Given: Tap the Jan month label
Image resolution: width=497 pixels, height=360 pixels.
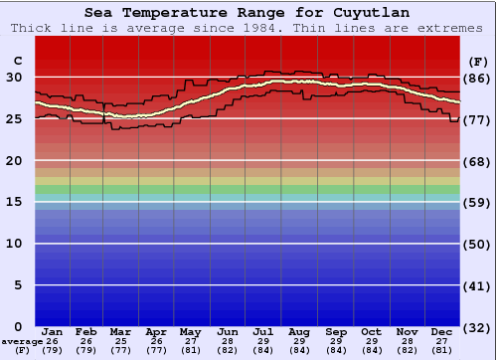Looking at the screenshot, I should (53, 331).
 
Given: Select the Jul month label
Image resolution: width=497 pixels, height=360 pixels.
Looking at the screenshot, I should (263, 331).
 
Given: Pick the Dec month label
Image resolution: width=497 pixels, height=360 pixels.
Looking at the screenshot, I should (442, 331).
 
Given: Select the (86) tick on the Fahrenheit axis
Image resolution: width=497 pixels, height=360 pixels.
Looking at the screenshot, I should (478, 78).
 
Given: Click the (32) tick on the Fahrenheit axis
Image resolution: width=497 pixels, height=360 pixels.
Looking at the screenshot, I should (478, 326).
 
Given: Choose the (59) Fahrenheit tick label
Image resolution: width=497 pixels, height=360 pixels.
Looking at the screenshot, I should (478, 202).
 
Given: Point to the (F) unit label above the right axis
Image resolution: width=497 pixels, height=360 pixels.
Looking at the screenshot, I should (478, 62).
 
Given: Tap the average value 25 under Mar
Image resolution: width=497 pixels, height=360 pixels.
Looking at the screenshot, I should (121, 341).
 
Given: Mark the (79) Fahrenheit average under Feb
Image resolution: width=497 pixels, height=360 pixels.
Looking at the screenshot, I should (86, 350).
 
